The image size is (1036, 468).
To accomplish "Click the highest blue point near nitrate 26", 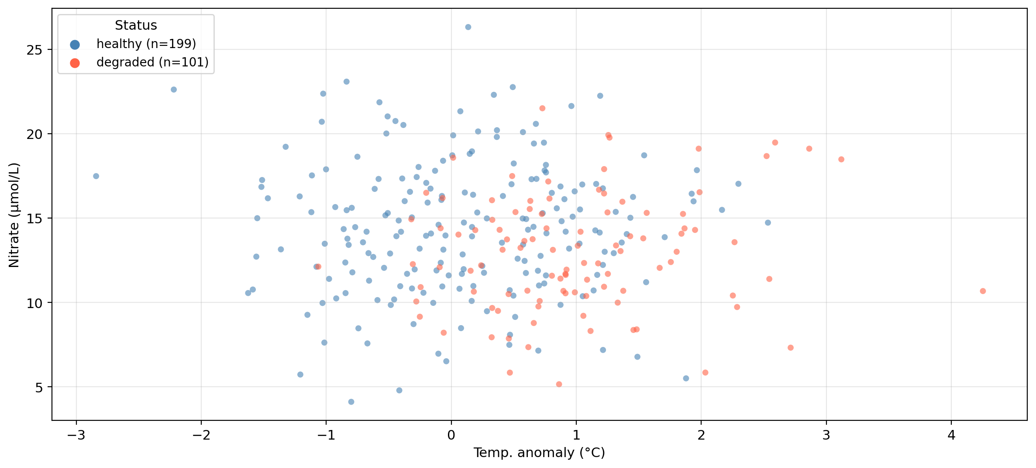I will tap(468, 27).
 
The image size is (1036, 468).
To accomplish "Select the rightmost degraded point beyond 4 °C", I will tap(983, 291).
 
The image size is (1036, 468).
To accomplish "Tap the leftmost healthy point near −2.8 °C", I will tap(96, 176).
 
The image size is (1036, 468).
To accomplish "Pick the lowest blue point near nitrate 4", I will tap(351, 402).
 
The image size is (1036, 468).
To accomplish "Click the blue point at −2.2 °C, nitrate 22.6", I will tap(174, 90).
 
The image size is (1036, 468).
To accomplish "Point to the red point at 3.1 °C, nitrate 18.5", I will tap(841, 159).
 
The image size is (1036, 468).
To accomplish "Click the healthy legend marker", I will tap(75, 45).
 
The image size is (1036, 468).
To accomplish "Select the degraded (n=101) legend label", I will tap(152, 62).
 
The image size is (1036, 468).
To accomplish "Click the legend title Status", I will tap(136, 25).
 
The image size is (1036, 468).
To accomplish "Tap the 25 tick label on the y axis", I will tap(34, 50).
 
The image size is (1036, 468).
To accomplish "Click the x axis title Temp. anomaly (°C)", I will tap(539, 453).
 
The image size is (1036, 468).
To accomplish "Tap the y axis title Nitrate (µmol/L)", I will tap(14, 215).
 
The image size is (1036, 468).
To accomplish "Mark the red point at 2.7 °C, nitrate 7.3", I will tap(790, 348).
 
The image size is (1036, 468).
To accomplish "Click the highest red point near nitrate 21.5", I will tap(542, 108).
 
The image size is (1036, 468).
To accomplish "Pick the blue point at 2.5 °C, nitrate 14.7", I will tap(768, 223).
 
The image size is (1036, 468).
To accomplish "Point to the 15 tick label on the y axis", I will tap(34, 218).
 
